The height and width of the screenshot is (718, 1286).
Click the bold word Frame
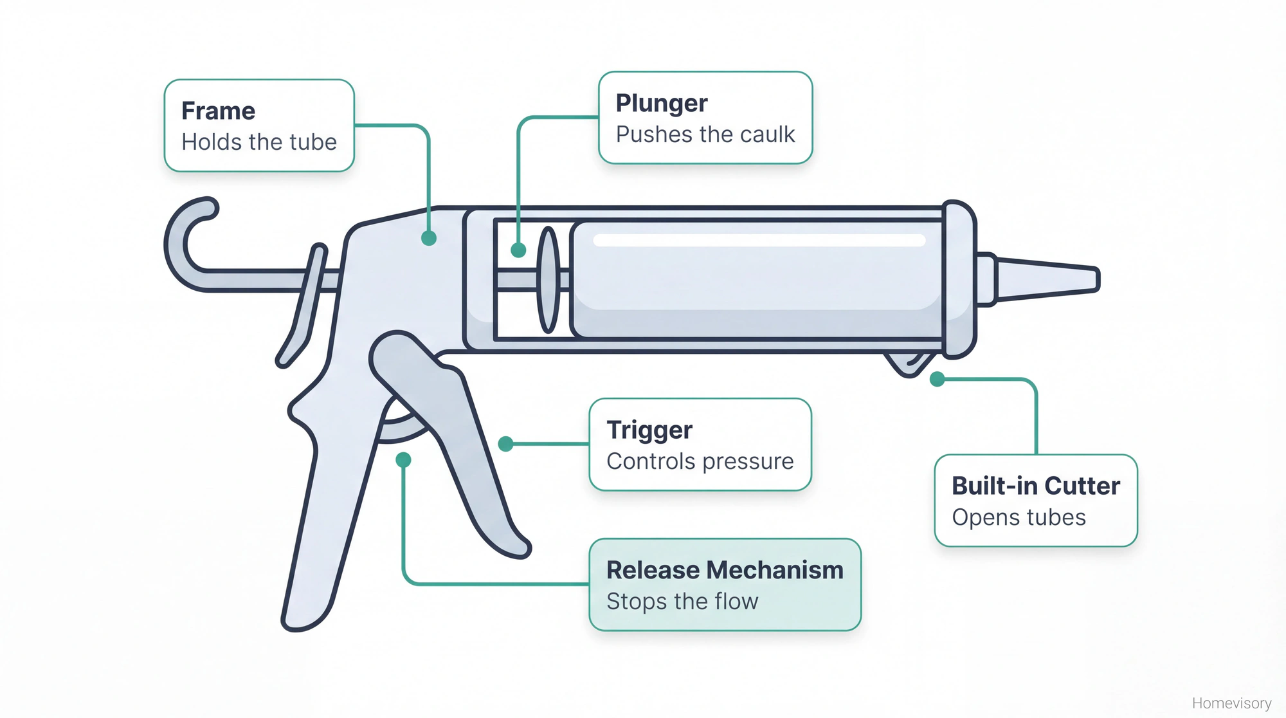[218, 111]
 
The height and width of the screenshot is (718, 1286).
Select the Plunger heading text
[661, 103]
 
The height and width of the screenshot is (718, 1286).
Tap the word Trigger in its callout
[649, 430]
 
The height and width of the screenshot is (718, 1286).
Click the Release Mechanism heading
[725, 570]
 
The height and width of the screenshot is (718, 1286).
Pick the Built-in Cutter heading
[1035, 486]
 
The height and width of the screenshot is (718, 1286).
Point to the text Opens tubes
[1019, 517]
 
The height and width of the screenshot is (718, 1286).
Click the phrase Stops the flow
[682, 602]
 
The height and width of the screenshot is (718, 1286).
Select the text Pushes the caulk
[705, 134]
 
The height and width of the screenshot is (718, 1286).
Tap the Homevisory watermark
[1231, 703]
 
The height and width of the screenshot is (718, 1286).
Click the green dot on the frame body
[429, 238]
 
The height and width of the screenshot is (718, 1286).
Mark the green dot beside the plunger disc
[518, 250]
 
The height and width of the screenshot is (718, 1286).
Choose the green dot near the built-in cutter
[937, 379]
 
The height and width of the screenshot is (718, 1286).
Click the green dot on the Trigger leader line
[506, 443]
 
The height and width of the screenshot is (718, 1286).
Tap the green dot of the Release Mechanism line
[403, 459]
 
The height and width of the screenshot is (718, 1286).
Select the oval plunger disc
[548, 280]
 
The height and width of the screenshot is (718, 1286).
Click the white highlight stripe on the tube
[759, 241]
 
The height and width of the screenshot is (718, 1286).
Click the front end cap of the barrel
[959, 280]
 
